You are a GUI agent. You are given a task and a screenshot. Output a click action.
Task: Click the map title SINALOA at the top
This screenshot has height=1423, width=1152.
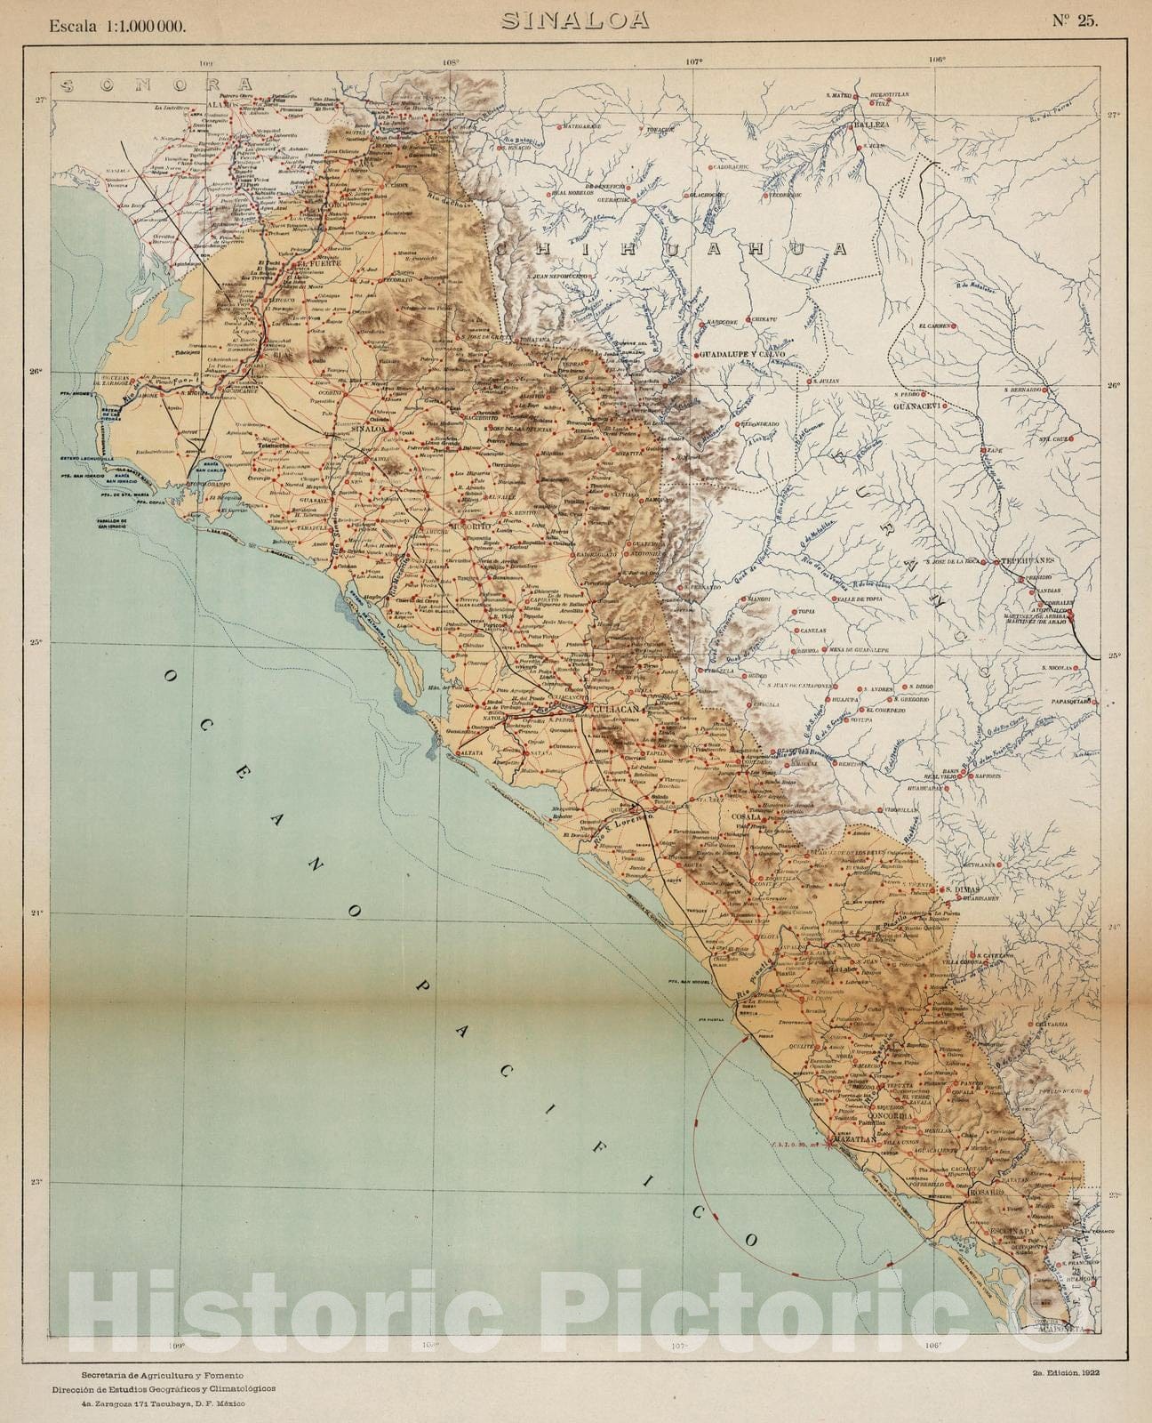(574, 20)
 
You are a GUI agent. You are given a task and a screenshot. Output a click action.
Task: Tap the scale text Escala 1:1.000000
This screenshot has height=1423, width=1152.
(118, 26)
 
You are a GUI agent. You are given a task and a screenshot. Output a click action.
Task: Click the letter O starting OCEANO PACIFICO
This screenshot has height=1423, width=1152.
(170, 678)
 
